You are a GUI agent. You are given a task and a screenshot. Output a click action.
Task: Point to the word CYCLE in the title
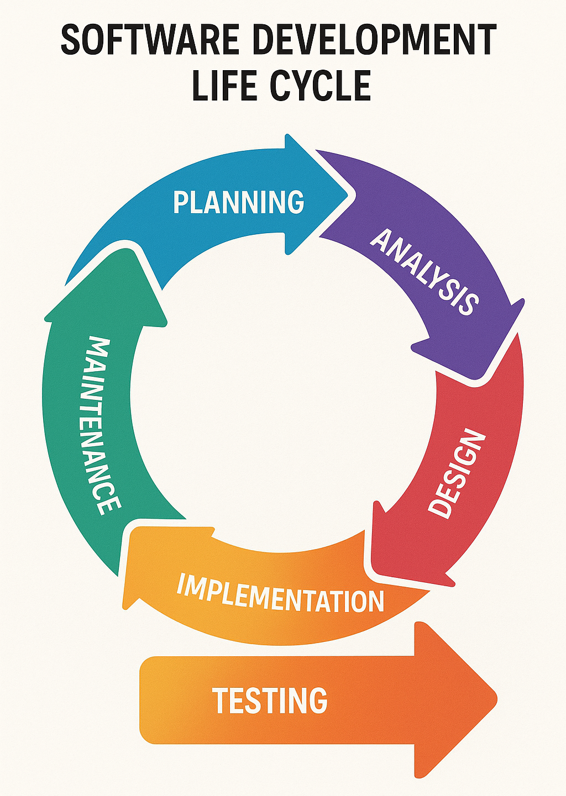point(321,86)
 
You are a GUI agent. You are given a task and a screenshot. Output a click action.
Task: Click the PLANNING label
point(238,202)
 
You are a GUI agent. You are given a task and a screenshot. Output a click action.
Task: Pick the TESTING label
point(270,700)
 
